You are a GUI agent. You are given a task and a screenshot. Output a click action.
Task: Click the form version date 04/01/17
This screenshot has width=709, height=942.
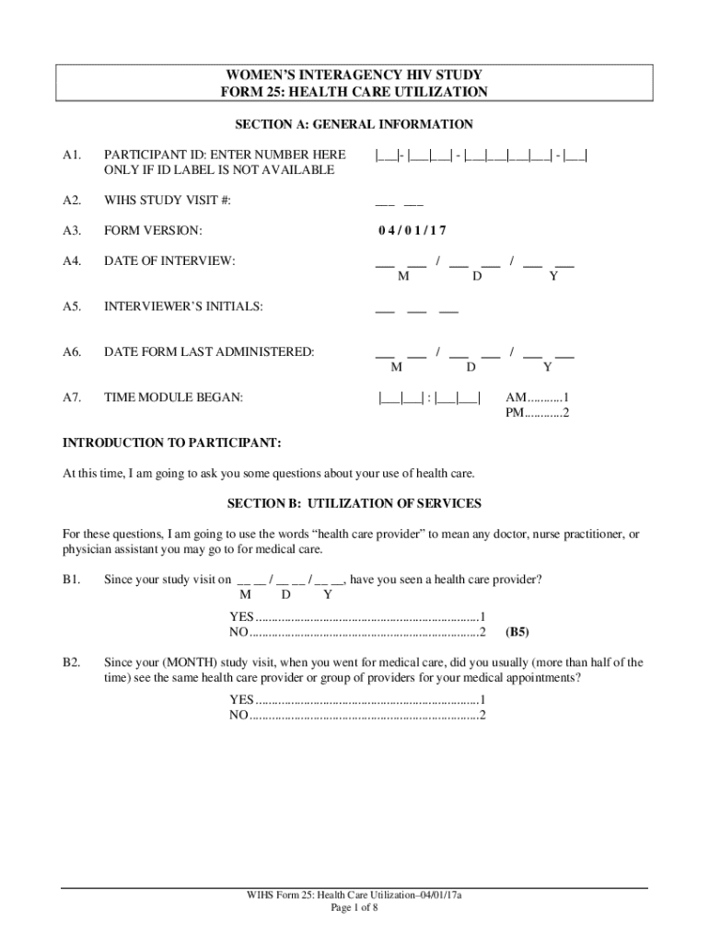[412, 231]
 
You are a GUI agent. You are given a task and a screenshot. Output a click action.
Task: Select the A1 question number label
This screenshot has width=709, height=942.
[73, 155]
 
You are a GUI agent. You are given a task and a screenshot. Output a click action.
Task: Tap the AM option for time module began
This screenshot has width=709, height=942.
[537, 397]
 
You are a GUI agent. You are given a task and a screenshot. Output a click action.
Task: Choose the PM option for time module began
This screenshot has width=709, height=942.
[537, 413]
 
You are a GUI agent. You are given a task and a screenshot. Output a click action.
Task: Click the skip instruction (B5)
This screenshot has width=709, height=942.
[517, 632]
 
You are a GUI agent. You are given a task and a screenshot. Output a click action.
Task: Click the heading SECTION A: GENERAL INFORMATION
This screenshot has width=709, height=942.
[354, 124]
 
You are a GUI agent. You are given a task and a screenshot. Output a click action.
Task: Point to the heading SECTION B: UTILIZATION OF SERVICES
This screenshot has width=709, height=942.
[354, 504]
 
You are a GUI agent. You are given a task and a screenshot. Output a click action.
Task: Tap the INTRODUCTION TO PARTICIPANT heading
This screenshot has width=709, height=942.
[171, 442]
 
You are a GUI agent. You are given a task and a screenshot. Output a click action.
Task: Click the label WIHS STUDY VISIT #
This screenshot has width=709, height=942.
[168, 201]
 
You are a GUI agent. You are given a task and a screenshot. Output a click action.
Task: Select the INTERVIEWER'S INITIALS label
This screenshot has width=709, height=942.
[183, 306]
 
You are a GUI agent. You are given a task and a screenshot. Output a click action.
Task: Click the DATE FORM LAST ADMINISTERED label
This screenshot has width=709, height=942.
[209, 351]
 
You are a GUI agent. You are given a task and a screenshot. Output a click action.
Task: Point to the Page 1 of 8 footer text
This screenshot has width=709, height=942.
[354, 907]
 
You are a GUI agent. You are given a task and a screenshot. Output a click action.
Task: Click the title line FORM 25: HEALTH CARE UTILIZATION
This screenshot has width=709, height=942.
[354, 92]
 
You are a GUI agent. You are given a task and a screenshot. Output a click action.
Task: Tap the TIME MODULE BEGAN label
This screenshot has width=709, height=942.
[174, 397]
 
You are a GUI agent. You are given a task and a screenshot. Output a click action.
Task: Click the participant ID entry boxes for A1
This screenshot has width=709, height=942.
[482, 155]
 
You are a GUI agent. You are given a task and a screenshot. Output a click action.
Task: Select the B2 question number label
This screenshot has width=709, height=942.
[72, 662]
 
